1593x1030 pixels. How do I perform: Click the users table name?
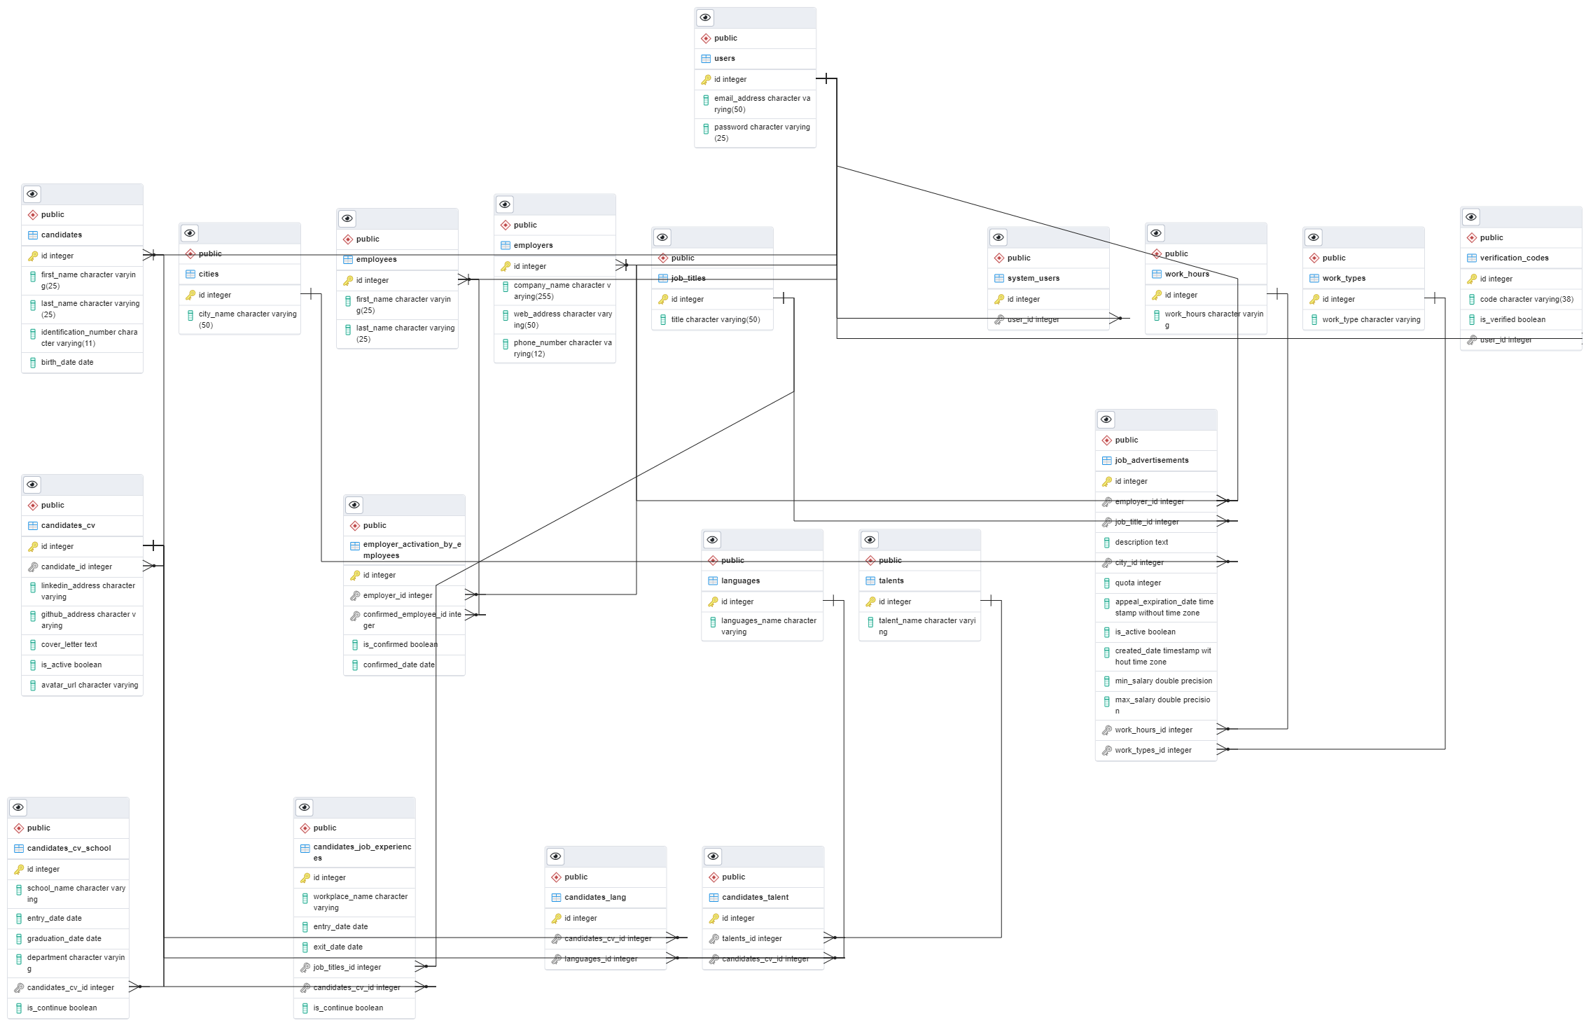coord(725,59)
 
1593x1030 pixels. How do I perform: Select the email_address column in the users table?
coord(761,104)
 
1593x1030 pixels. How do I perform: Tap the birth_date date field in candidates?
coord(67,363)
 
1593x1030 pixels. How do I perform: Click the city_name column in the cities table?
coord(247,319)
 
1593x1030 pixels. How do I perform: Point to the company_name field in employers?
coord(562,291)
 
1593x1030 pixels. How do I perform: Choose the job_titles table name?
coord(688,279)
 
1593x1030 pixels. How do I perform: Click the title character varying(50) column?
coord(715,320)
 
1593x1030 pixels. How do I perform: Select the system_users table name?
coord(1033,279)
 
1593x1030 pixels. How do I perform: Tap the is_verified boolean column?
coord(1512,320)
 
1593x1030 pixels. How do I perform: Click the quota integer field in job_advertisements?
coord(1138,583)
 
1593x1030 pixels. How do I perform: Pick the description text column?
coord(1141,543)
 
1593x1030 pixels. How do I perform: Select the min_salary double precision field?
coord(1163,681)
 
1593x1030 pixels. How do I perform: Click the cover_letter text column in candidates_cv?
coord(69,645)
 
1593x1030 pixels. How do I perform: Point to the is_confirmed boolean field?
coord(400,645)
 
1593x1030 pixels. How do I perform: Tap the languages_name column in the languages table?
coord(768,626)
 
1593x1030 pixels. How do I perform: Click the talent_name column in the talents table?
coord(926,626)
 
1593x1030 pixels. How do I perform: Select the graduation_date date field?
coord(64,939)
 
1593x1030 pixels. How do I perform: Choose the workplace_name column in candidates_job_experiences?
coord(360,902)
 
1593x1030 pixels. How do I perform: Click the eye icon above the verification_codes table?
coord(1471,217)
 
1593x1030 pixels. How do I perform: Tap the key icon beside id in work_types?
coord(1314,300)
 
